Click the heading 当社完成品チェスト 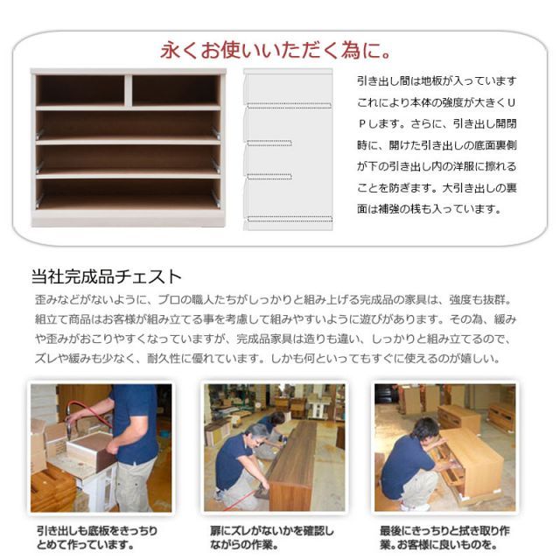[x=106, y=277]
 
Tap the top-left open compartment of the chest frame [x=80, y=89]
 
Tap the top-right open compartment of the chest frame [x=175, y=89]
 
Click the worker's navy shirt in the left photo [x=135, y=420]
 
